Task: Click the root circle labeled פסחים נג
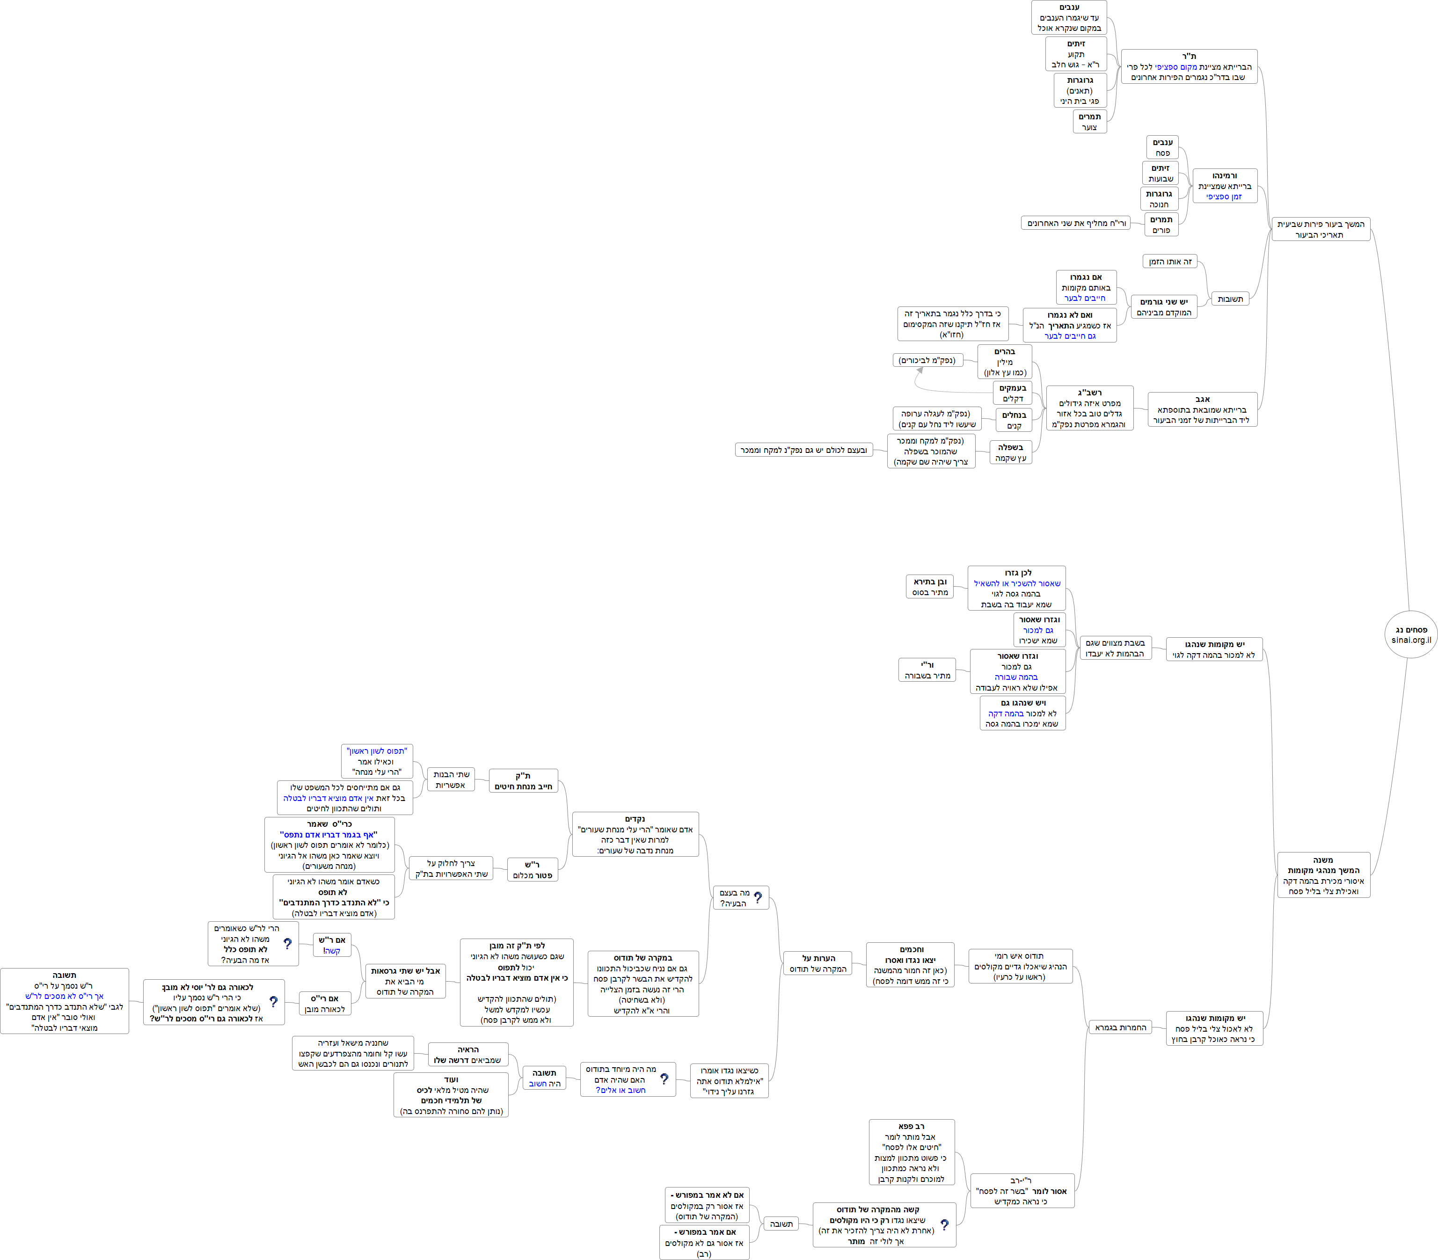pyautogui.click(x=1410, y=635)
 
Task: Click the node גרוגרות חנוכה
pyautogui.click(x=1159, y=199)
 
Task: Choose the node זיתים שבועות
pyautogui.click(x=1160, y=173)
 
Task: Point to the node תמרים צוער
pyautogui.click(x=1090, y=122)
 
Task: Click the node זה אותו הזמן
pyautogui.click(x=1169, y=262)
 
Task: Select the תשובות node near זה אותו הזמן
pyautogui.click(x=1230, y=299)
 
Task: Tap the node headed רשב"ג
pyautogui.click(x=1089, y=408)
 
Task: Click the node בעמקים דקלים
pyautogui.click(x=1013, y=393)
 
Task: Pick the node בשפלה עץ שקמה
pyautogui.click(x=1010, y=452)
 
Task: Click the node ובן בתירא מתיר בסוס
pyautogui.click(x=930, y=587)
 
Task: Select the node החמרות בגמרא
pyautogui.click(x=1120, y=1027)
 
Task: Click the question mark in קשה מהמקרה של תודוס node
pyautogui.click(x=944, y=1224)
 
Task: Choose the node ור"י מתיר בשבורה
pyautogui.click(x=927, y=670)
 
